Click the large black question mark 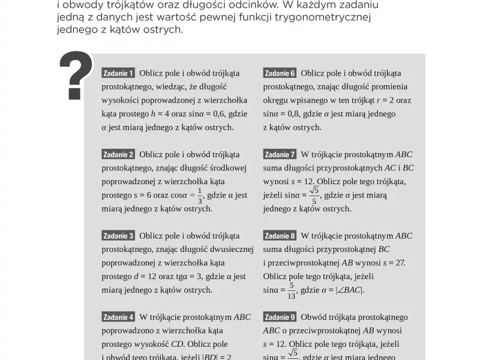76,75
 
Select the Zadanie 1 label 118,73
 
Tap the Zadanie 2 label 118,155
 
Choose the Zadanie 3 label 118,236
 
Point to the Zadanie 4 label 118,317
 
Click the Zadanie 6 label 280,73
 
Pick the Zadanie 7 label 280,155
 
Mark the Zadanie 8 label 280,236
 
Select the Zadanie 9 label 280,317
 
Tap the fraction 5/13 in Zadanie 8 292,290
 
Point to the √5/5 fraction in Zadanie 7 314,196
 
